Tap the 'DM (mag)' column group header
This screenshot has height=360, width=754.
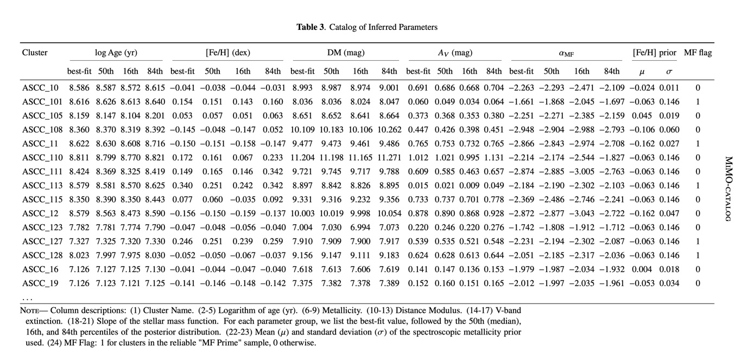[346, 53]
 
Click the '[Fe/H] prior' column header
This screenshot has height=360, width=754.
[655, 53]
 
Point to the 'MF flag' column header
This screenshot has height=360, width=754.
[698, 53]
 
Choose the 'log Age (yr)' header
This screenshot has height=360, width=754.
[116, 53]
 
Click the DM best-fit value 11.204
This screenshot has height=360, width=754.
[302, 157]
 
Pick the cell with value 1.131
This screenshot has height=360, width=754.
[494, 157]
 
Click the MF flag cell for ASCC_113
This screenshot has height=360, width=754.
[698, 185]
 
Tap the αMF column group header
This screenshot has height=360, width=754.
[566, 53]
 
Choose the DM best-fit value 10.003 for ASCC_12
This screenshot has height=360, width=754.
[302, 213]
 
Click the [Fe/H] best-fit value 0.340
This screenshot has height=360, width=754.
[182, 185]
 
